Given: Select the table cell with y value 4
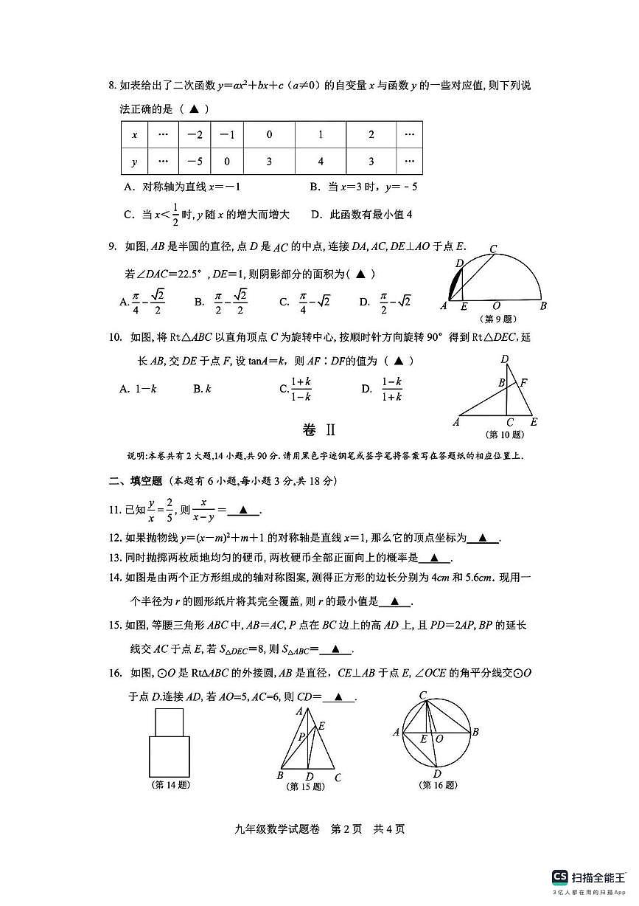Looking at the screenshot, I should tap(321, 162).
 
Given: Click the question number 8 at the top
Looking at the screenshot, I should tap(112, 86).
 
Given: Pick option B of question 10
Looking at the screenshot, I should tap(202, 389).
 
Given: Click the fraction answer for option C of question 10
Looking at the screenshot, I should tap(300, 389).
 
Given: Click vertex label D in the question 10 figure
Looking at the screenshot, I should tap(504, 359).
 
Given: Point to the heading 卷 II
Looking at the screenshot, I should tap(319, 431).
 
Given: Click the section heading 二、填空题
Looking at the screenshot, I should tap(136, 481).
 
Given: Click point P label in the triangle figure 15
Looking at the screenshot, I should tap(301, 736).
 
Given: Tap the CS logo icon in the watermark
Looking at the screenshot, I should tap(560, 876).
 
